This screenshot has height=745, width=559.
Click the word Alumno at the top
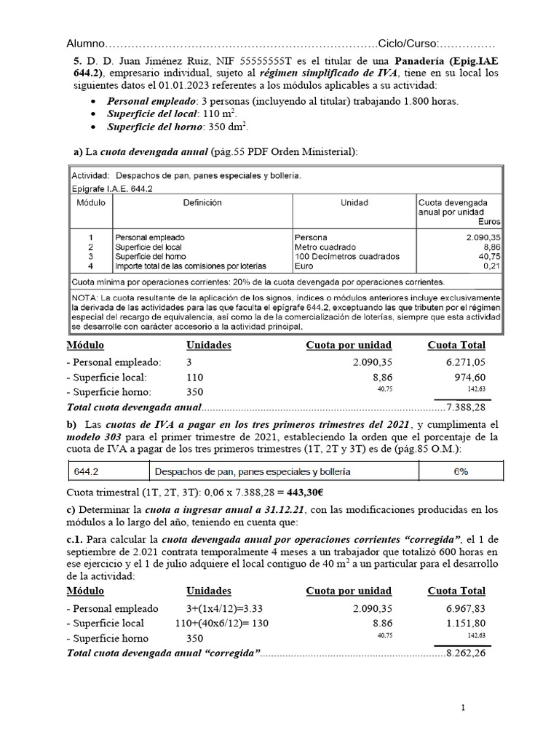tap(87, 44)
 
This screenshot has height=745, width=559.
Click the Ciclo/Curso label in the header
tap(408, 44)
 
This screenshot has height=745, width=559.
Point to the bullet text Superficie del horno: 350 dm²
tap(178, 127)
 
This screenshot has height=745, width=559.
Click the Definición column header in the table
tap(202, 203)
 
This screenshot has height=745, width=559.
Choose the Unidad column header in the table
tap(354, 203)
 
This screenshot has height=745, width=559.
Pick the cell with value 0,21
tap(490, 266)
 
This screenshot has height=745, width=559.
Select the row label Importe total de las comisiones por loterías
tap(191, 266)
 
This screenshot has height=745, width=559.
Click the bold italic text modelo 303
tap(98, 437)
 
